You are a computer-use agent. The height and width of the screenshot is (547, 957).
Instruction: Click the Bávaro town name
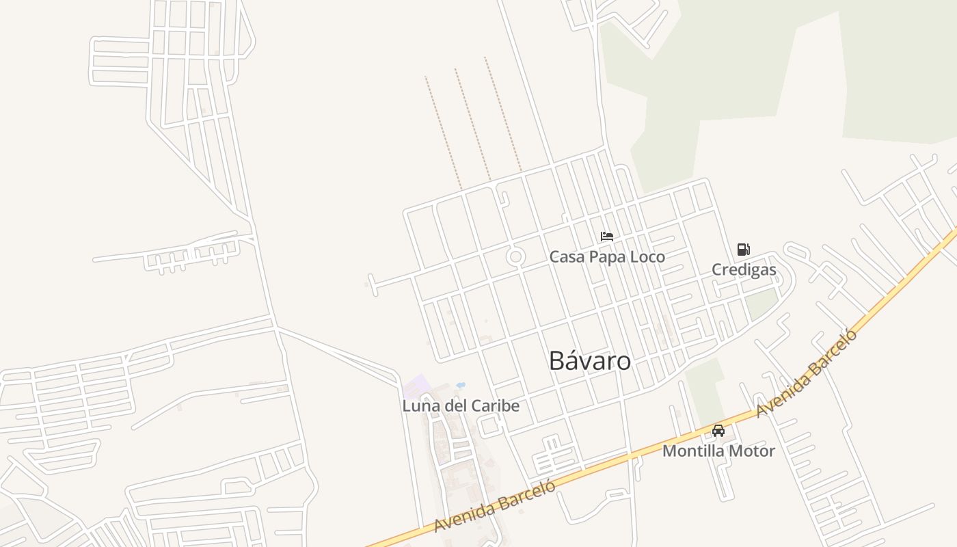[590, 361]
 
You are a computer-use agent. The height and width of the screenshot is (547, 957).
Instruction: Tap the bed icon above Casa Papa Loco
[607, 237]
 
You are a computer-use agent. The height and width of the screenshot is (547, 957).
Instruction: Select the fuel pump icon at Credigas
[744, 250]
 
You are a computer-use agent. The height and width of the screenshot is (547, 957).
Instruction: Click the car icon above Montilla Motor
[718, 431]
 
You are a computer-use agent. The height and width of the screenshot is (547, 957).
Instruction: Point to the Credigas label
[744, 269]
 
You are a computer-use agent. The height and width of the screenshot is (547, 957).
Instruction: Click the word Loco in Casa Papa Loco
[647, 257]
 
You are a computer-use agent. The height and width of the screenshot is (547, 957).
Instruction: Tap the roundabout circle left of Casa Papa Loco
[515, 257]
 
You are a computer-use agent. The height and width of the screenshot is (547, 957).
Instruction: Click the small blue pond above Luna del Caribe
[460, 385]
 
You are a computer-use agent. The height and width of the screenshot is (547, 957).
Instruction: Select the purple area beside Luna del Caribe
[414, 387]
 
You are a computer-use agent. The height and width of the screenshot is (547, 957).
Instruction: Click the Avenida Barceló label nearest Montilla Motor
[807, 373]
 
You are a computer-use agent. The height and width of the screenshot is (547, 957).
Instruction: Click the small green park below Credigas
[760, 304]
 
